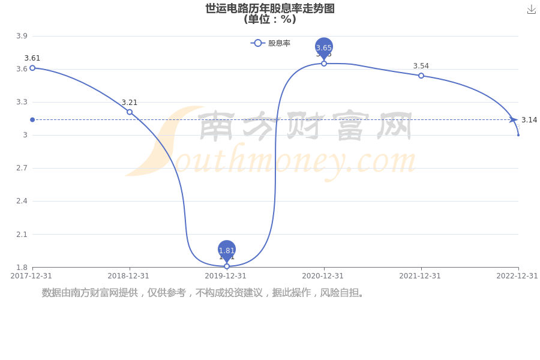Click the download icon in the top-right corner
coord(532,10)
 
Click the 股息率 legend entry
coord(271,43)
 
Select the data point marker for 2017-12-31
coord(32,68)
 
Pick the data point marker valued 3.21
coord(130,112)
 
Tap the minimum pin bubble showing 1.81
coord(227,250)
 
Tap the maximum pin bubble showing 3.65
coord(324,47)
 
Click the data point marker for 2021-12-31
coord(421,76)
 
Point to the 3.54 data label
coord(421,66)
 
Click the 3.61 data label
coord(32,58)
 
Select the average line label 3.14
coord(529,120)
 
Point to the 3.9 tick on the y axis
coord(22,36)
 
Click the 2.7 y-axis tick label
coord(22,168)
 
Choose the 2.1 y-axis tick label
coord(22,234)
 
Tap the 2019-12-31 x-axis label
coord(226,276)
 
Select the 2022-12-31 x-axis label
coord(517,276)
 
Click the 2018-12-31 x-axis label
coord(128,276)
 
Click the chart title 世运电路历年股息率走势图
coord(270,8)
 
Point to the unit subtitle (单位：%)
coord(270,19)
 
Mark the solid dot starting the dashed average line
coord(32,119)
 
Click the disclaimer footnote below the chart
coord(203,292)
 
